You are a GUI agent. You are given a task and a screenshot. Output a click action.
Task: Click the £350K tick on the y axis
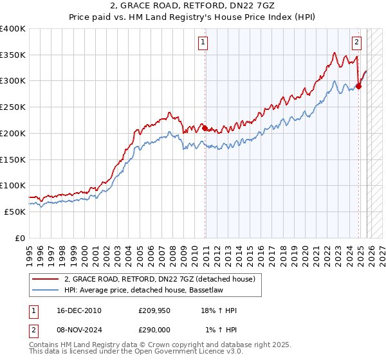[13, 55]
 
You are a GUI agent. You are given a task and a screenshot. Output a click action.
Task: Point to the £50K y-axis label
[15, 212]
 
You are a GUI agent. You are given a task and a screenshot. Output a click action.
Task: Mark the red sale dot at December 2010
[205, 128]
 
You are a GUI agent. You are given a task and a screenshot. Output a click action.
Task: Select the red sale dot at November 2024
[359, 86]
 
